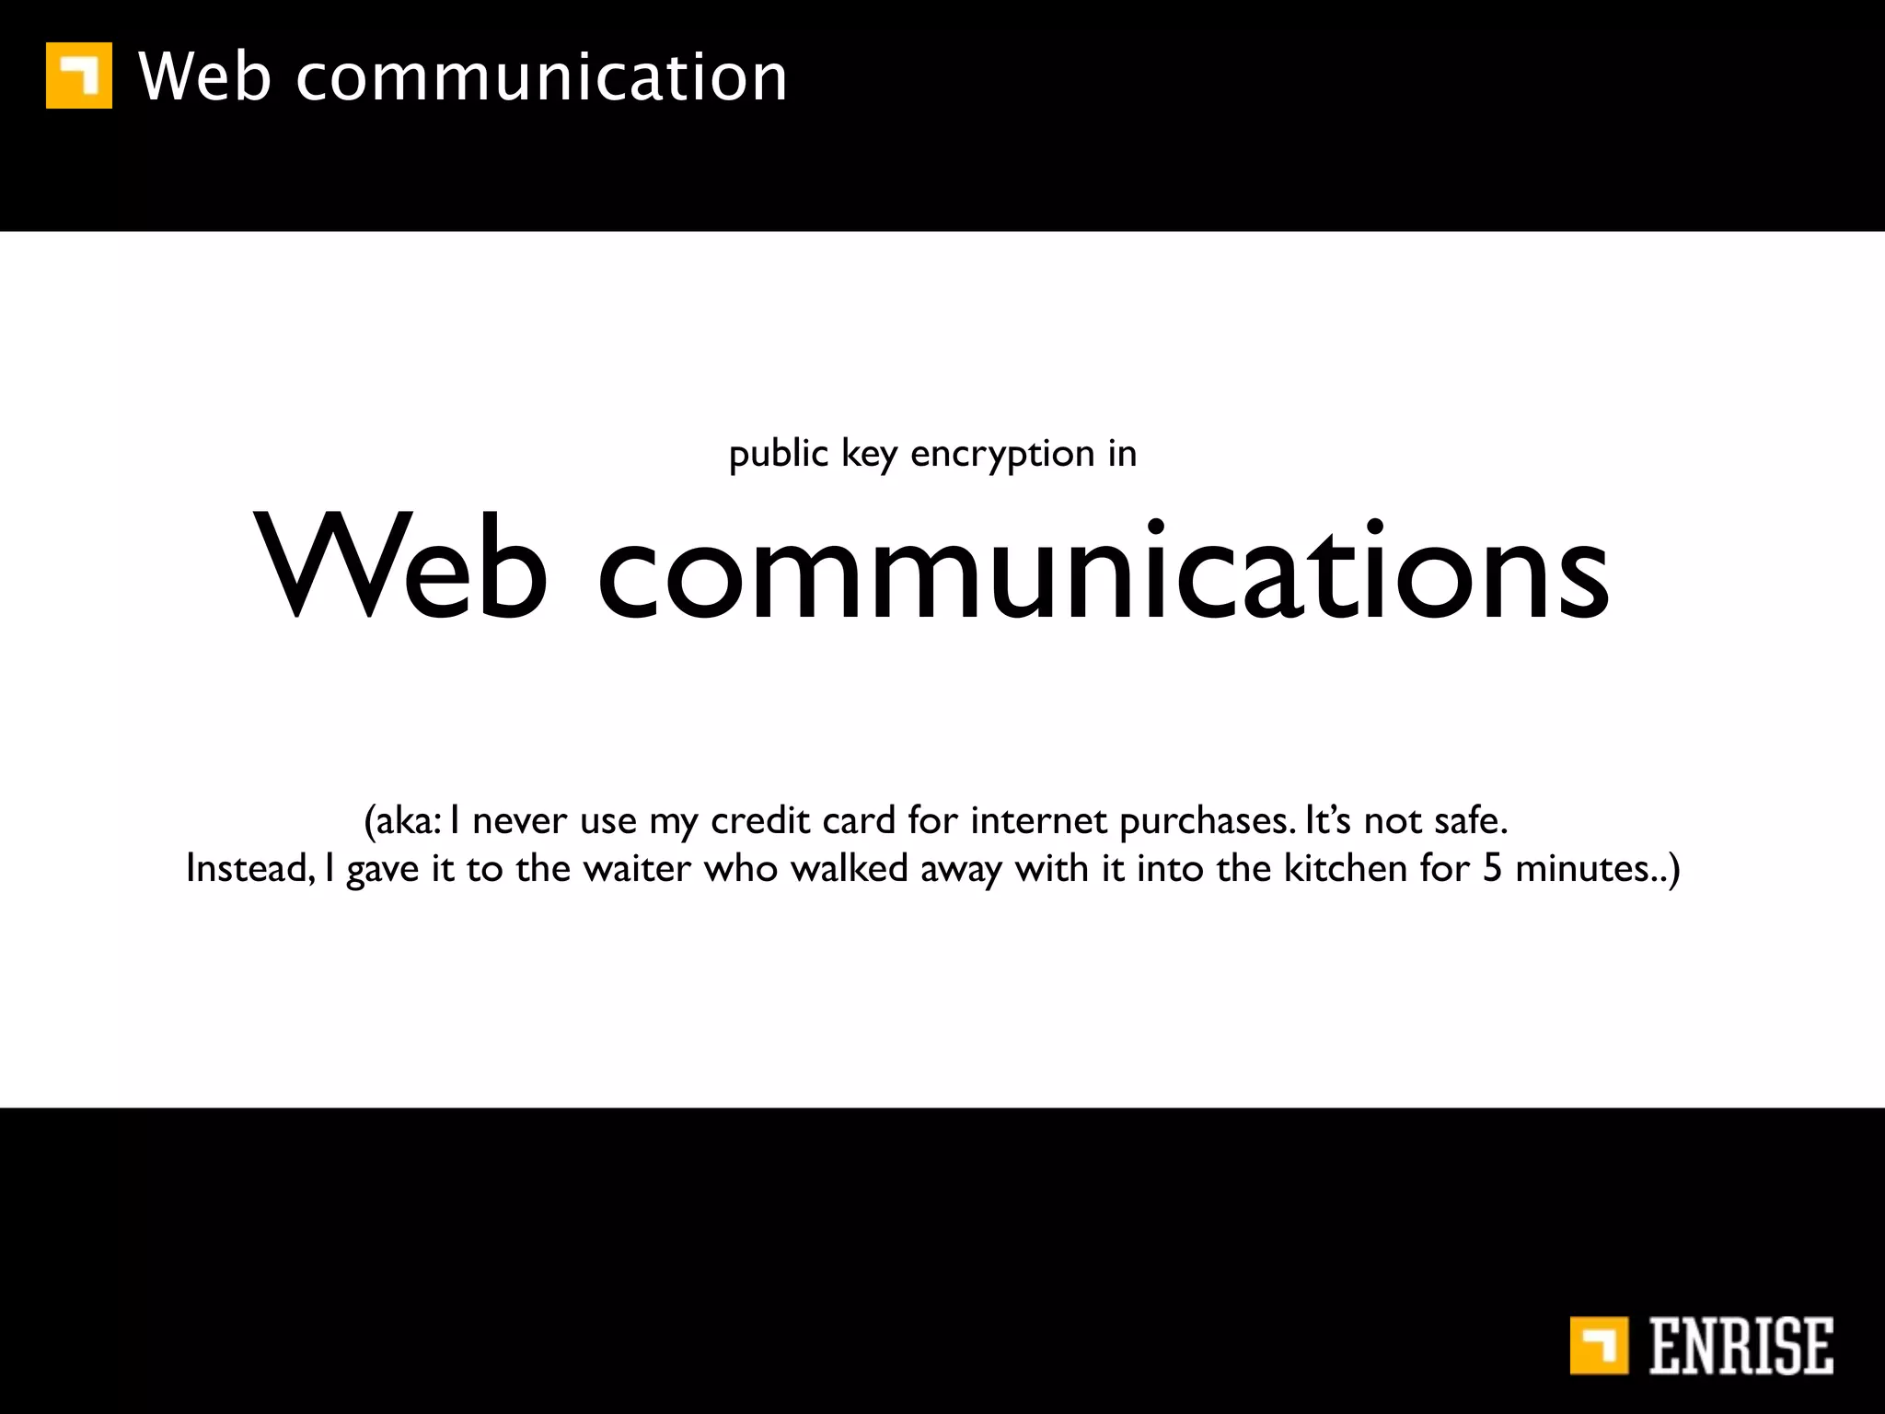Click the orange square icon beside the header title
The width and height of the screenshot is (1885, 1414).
pyautogui.click(x=79, y=75)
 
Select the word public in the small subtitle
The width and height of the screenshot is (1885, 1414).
pyautogui.click(x=779, y=454)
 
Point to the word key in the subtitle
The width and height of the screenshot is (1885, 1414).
pyautogui.click(x=868, y=454)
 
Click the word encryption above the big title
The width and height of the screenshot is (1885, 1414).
pyautogui.click(x=1001, y=454)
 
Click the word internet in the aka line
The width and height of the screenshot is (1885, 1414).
pyautogui.click(x=1038, y=820)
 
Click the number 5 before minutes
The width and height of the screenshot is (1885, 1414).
pyautogui.click(x=1492, y=869)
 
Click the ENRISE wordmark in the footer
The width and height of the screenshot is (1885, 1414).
pyautogui.click(x=1740, y=1347)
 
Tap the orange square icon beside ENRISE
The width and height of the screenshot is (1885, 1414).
pyautogui.click(x=1599, y=1346)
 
